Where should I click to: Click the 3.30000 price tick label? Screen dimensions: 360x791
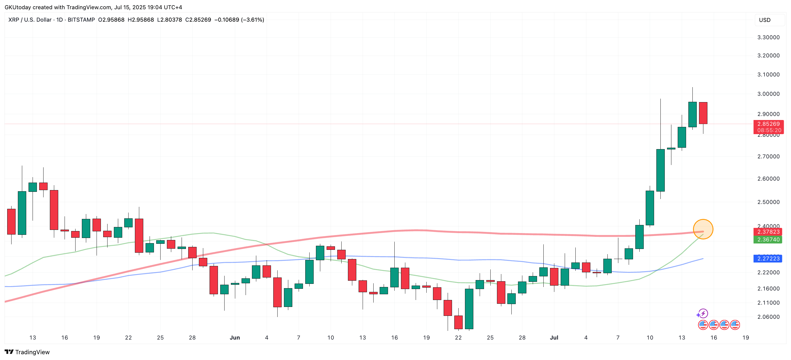click(x=768, y=37)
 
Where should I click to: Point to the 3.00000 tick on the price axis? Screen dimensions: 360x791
click(x=768, y=94)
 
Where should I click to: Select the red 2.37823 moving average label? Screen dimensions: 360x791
click(x=768, y=232)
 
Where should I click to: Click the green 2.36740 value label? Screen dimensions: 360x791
click(x=768, y=240)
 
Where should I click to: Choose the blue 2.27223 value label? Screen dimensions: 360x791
click(x=768, y=259)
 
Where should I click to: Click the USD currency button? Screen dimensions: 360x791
click(x=764, y=20)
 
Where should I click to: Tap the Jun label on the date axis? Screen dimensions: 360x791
click(x=235, y=337)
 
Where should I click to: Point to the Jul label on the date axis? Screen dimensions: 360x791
click(x=554, y=337)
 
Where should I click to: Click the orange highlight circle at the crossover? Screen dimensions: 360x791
click(x=703, y=229)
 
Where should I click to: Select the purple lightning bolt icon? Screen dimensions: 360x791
click(x=703, y=314)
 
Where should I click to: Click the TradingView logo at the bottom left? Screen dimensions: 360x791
click(x=27, y=352)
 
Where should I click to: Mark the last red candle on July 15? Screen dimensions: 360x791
click(x=703, y=113)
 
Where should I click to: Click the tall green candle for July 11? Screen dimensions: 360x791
click(x=660, y=170)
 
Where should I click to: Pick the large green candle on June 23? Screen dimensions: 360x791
click(x=469, y=309)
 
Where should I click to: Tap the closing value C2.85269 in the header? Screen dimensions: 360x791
click(x=198, y=20)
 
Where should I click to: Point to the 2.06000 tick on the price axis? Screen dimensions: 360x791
click(x=768, y=317)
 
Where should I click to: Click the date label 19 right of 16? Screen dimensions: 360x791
click(x=745, y=337)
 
